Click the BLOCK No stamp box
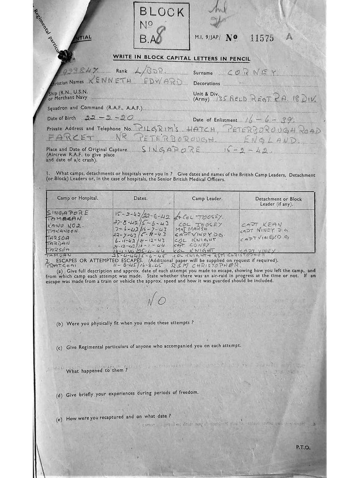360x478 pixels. click(x=161, y=26)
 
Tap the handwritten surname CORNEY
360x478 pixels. click(x=253, y=73)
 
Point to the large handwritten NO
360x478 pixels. click(x=156, y=300)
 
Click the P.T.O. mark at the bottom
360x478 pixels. click(x=303, y=447)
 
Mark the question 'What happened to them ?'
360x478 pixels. click(x=97, y=371)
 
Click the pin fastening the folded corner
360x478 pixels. click(x=65, y=56)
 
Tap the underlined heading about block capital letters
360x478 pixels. click(x=181, y=58)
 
